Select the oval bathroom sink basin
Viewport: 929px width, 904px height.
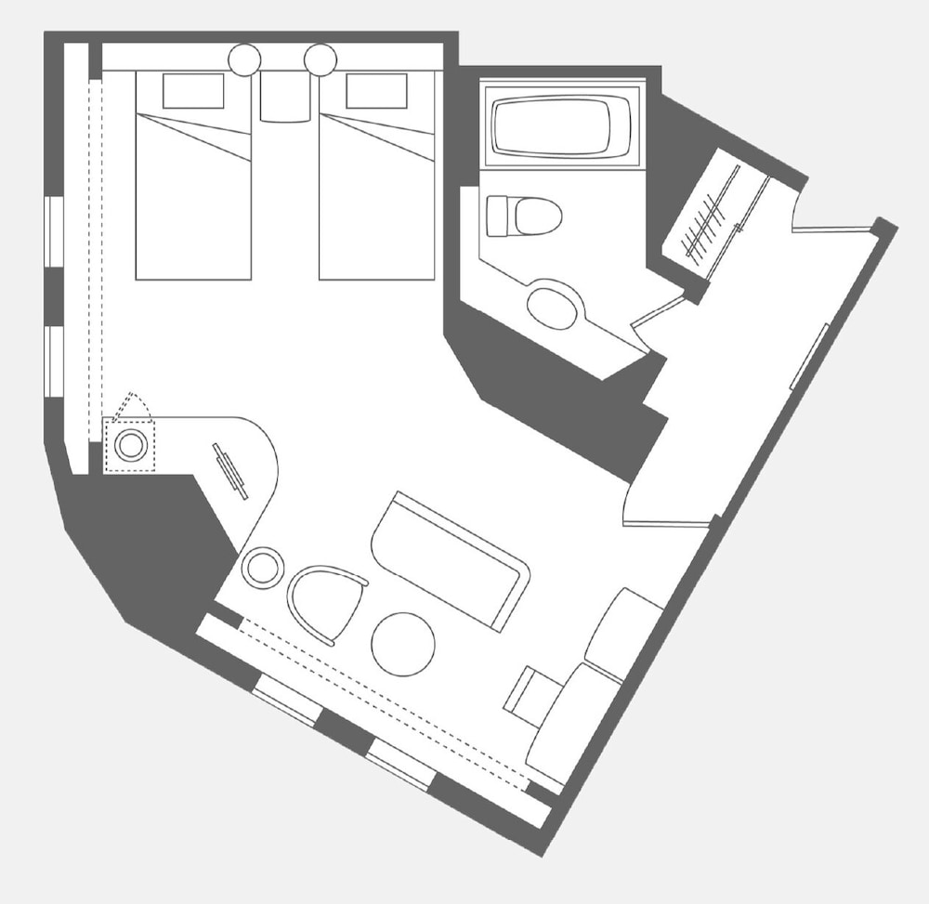553,306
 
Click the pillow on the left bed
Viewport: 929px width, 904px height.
193,91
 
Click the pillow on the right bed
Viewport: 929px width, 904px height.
376,91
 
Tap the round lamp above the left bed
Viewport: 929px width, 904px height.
245,59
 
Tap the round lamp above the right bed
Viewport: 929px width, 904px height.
320,59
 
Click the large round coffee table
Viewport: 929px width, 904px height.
402,644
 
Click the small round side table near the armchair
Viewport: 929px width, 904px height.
262,567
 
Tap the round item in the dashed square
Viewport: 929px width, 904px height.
130,444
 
